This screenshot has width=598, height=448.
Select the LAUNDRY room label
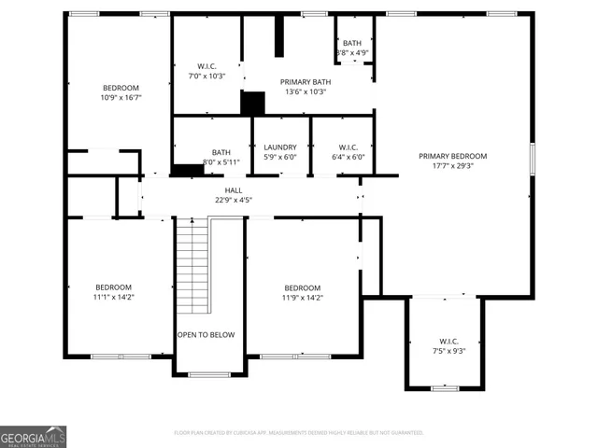point(280,147)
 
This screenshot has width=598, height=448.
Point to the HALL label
point(234,189)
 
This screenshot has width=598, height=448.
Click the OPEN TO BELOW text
point(206,334)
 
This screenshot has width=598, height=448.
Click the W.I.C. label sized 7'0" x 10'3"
point(207,65)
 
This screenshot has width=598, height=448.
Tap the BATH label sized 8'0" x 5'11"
point(221,152)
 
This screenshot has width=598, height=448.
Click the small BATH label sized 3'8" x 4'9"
point(352,43)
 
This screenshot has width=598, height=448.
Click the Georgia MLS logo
point(33,436)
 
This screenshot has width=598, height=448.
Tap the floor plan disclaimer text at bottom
point(299,433)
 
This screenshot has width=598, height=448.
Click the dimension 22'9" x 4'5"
point(234,199)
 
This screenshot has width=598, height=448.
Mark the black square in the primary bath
point(252,103)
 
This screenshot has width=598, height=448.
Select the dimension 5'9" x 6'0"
point(280,157)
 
